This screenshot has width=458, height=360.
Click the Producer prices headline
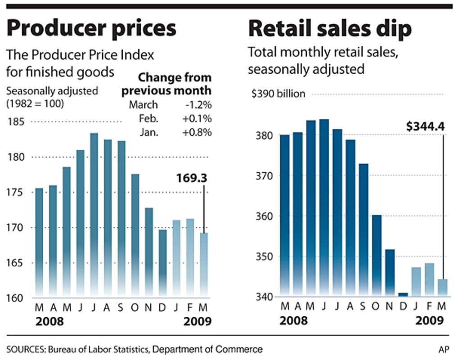point(91,29)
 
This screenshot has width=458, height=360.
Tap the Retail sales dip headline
point(329,29)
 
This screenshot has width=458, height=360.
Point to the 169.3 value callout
point(192,179)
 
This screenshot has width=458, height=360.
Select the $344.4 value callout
point(425,126)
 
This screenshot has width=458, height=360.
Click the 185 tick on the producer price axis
point(17,122)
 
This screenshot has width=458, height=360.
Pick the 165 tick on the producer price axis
point(17,263)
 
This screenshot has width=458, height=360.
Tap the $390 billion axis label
point(278,94)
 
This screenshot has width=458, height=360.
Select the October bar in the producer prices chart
point(135,234)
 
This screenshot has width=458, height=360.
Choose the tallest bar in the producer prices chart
point(94,214)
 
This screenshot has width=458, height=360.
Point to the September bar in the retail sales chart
point(364,229)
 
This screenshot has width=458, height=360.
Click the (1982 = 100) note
point(35,103)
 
